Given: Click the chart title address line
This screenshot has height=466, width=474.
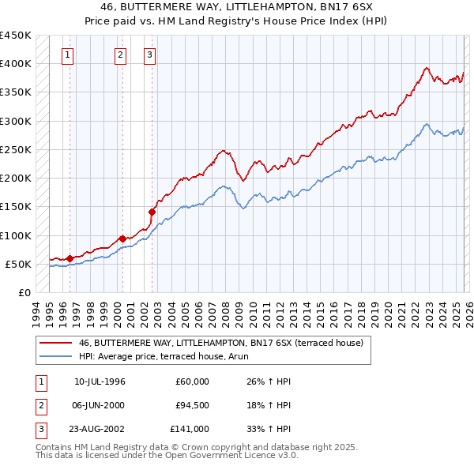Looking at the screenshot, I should pos(237,6).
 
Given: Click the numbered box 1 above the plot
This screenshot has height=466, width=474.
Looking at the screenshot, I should pos(69,55).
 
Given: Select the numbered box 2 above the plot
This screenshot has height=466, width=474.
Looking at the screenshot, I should pos(120,55).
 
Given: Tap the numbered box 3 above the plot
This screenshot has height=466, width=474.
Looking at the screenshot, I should pos(149,55).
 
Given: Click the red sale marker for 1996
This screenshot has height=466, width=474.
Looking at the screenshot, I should pos(70,257).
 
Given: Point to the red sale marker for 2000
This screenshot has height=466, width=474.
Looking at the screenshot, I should pos(122,238).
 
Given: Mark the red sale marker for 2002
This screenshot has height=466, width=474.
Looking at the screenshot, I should pos(152,212).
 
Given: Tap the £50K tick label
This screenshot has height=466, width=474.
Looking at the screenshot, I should pos(19,264).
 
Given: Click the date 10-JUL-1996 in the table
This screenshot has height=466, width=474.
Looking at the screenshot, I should pos(100,381).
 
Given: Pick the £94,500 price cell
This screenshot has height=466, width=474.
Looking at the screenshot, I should pos(193,405).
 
